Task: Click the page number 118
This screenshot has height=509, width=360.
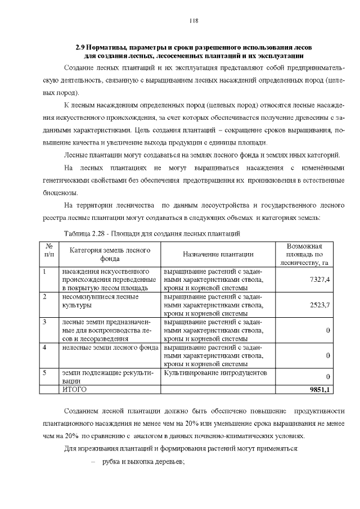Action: [x=193, y=21]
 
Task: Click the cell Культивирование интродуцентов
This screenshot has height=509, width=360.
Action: [x=215, y=372]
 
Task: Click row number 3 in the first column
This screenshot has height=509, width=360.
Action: [x=45, y=322]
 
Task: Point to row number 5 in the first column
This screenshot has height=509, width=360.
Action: [x=45, y=372]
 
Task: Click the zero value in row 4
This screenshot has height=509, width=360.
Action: [x=327, y=355]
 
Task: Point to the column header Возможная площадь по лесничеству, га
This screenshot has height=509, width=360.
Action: [x=304, y=254]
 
